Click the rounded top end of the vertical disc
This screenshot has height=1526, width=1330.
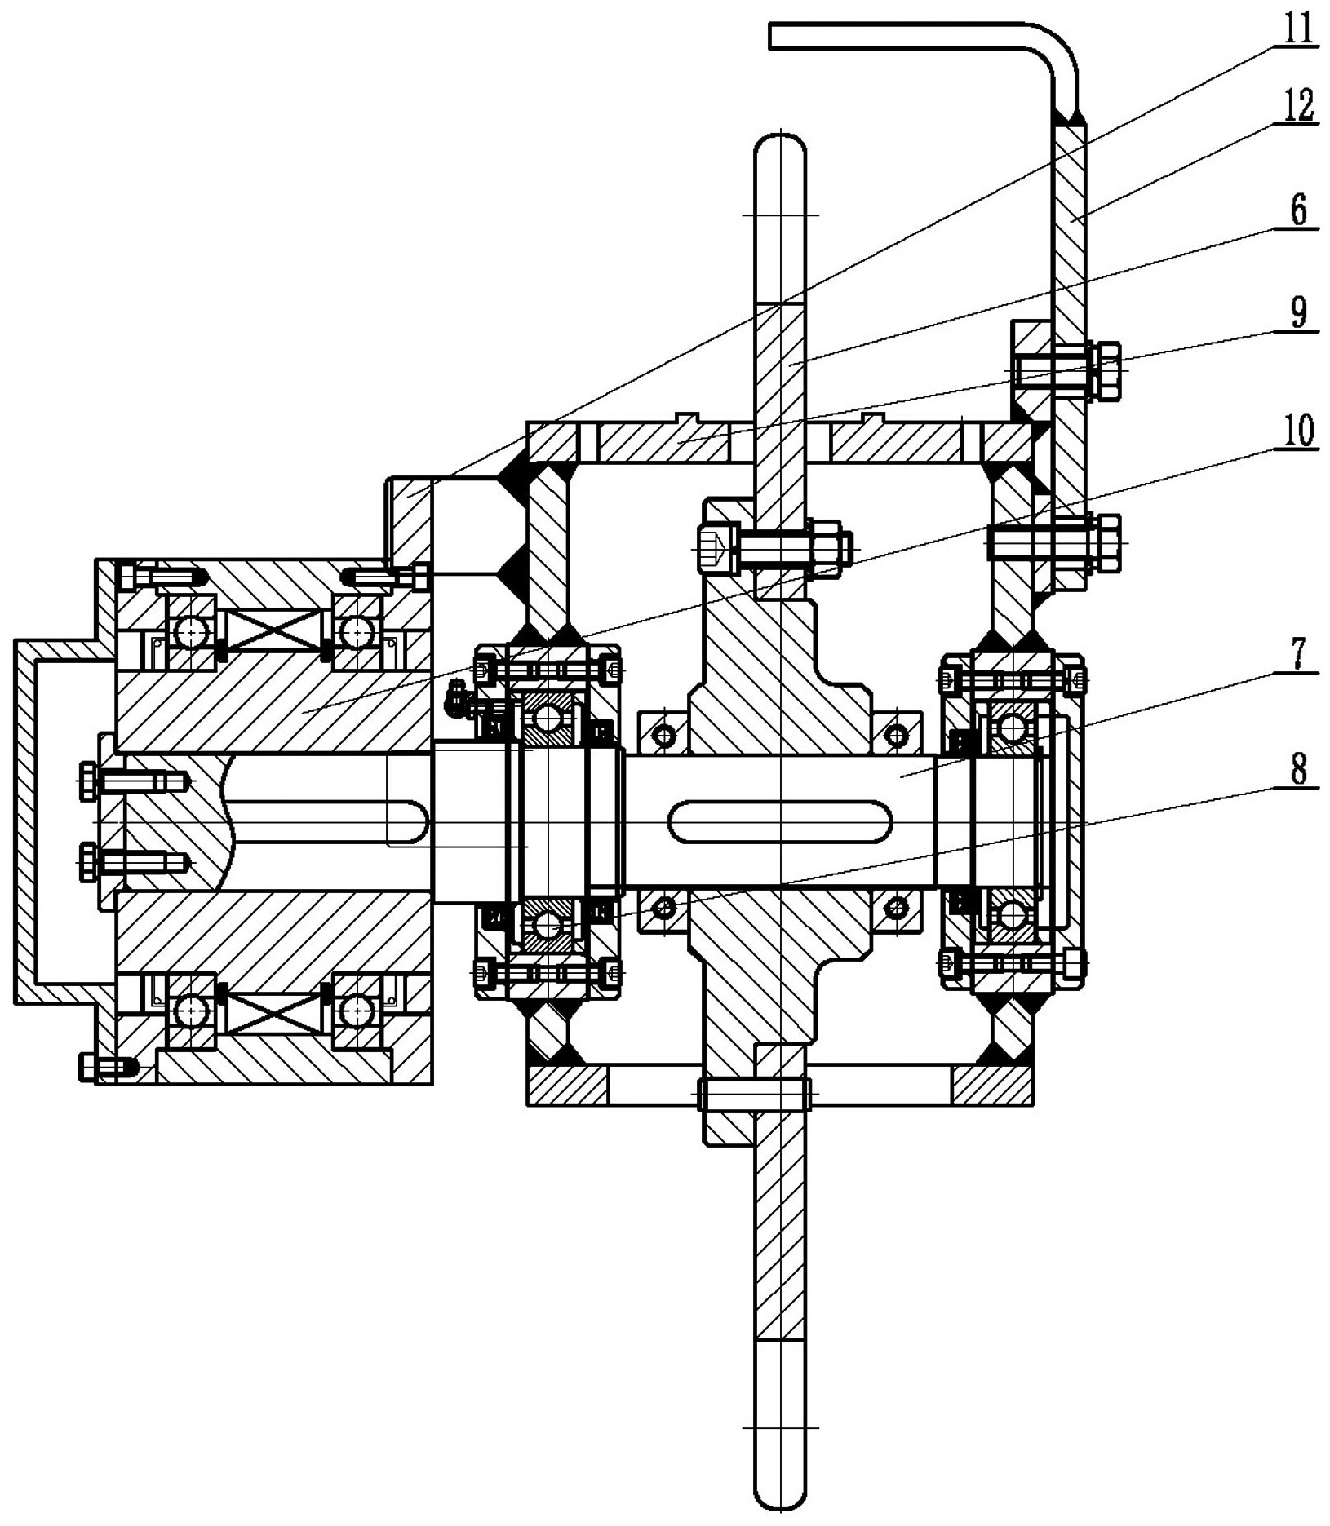pyautogui.click(x=779, y=147)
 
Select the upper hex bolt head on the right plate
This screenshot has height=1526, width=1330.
pyautogui.click(x=1105, y=372)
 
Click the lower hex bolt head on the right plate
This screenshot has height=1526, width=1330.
pyautogui.click(x=1105, y=542)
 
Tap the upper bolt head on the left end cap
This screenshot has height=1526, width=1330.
pyautogui.click(x=87, y=781)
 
